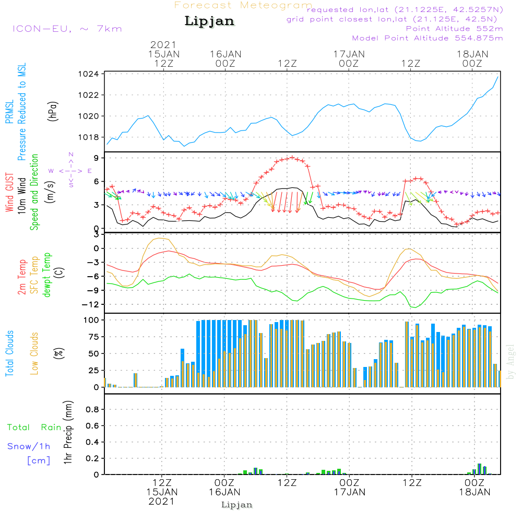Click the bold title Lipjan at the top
pyautogui.click(x=209, y=21)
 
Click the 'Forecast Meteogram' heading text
pyautogui.click(x=243, y=5)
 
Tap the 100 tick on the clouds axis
pyautogui.click(x=91, y=319)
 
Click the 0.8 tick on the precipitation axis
pyautogui.click(x=92, y=410)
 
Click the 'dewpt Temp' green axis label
pyautogui.click(x=47, y=275)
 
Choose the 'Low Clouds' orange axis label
pyautogui.click(x=34, y=353)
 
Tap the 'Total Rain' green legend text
pyautogui.click(x=34, y=428)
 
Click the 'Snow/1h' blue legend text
pyautogui.click(x=29, y=447)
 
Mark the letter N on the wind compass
pyautogui.click(x=70, y=155)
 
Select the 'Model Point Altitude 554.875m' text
pyautogui.click(x=428, y=38)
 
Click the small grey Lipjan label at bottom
pyautogui.click(x=237, y=505)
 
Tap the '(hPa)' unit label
pyautogui.click(x=53, y=110)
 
